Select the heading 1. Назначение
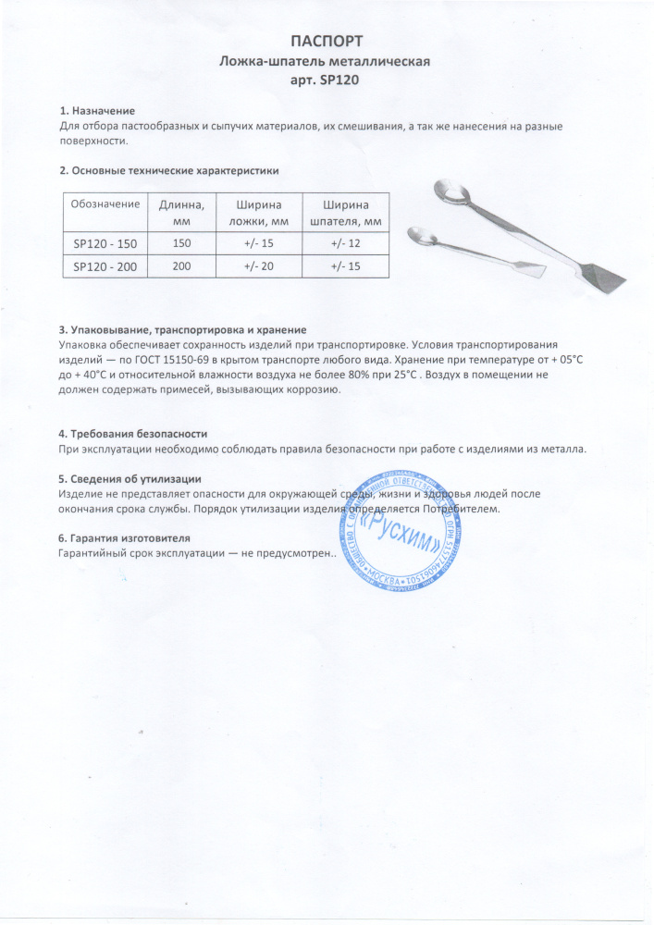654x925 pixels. tap(97, 111)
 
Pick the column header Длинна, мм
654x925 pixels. tap(181, 212)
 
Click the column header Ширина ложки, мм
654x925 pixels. tap(260, 212)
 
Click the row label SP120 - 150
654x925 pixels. tap(105, 243)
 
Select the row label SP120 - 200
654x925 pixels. tap(105, 266)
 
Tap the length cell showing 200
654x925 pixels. tap(181, 266)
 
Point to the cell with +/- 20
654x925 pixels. tap(260, 266)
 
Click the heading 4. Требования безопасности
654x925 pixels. tap(132, 434)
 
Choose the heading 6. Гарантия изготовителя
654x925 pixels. tap(124, 538)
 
